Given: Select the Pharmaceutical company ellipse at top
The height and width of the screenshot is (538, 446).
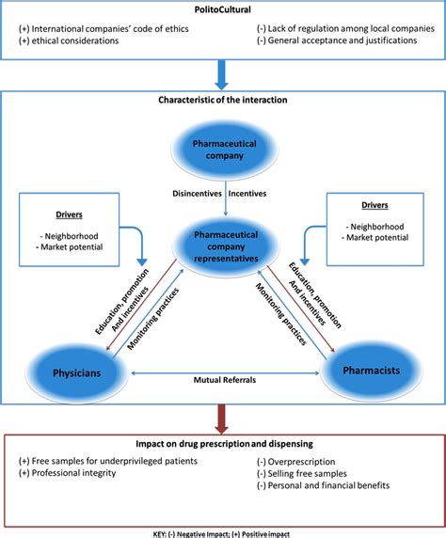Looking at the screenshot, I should tap(222, 151).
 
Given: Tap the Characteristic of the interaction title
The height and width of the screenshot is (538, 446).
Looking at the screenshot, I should tap(223, 99).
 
